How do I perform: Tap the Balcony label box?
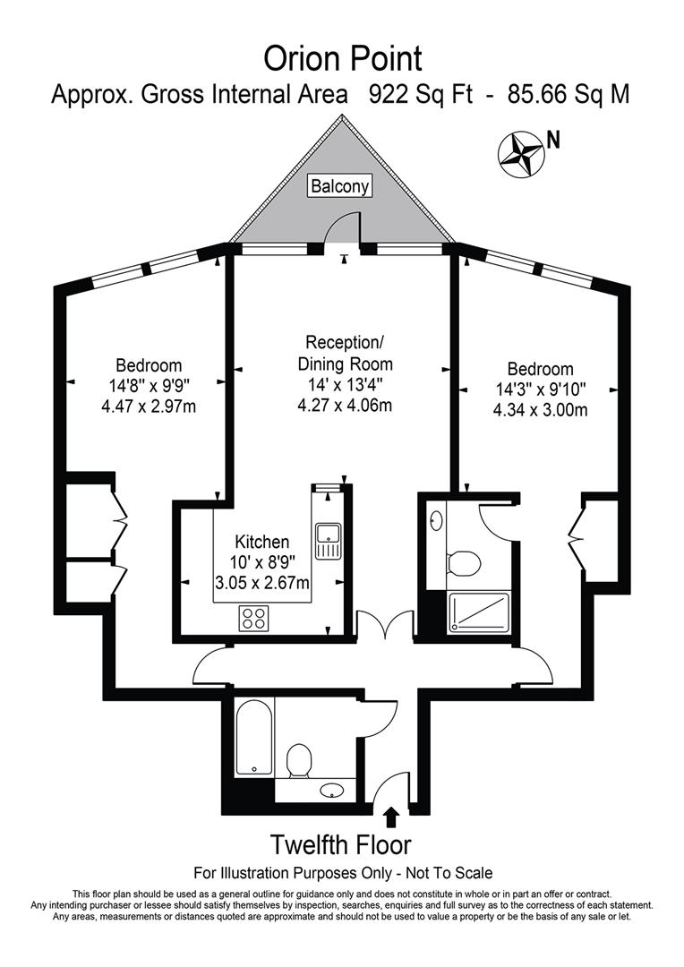pos(340,186)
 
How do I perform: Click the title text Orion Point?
pos(342,59)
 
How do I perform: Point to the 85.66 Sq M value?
pos(568,95)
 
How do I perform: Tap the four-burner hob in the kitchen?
pos(254,617)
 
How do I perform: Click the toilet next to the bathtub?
pos(299,761)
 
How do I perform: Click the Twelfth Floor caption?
pos(341,844)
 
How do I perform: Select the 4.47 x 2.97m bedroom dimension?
pos(149,407)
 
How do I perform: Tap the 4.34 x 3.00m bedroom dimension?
pos(540,410)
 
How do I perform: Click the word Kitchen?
pos(261,542)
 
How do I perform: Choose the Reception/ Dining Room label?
pos(344,354)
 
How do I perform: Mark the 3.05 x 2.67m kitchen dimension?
pos(261,584)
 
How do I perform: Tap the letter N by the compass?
pos(553,140)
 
